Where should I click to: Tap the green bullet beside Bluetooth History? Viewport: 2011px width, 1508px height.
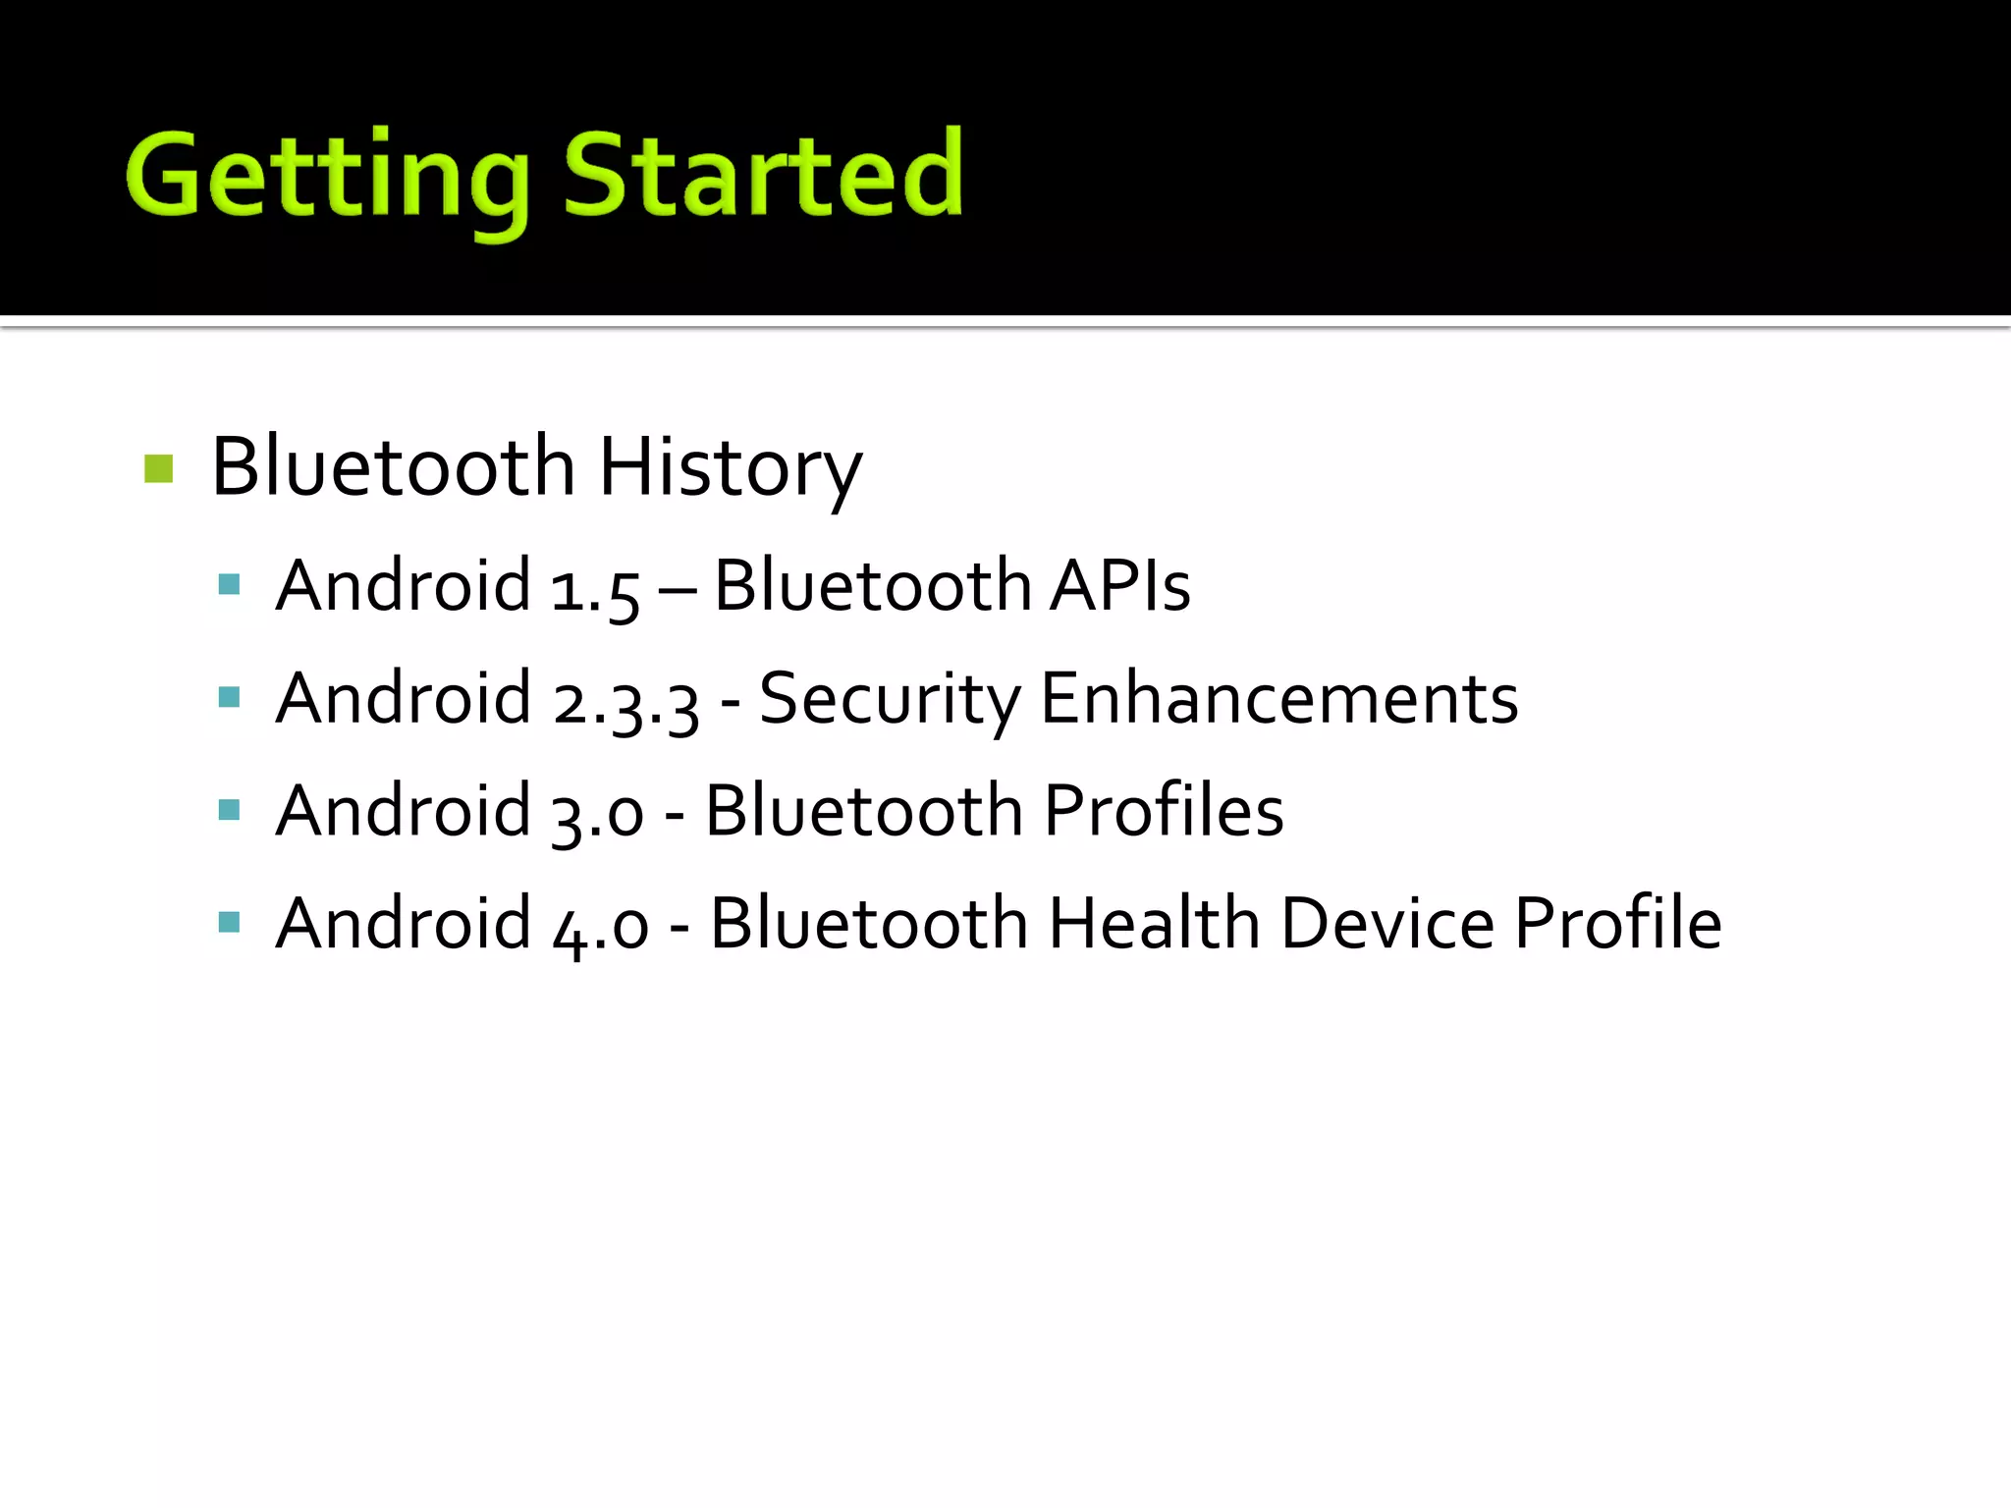(x=158, y=468)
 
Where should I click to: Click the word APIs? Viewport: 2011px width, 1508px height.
(x=1119, y=586)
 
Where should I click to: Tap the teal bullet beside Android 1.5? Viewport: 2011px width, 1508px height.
(x=230, y=585)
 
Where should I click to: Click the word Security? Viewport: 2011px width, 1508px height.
(x=891, y=700)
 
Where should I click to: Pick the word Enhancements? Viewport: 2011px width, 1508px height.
(x=1278, y=699)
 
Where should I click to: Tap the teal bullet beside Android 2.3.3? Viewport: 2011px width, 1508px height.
(x=230, y=697)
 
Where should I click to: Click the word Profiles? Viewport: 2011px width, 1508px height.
(x=1164, y=811)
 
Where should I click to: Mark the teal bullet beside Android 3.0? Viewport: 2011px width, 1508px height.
(x=230, y=810)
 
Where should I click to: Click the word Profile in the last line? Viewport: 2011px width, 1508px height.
(x=1618, y=924)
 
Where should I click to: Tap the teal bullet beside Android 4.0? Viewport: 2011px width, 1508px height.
(x=230, y=922)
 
